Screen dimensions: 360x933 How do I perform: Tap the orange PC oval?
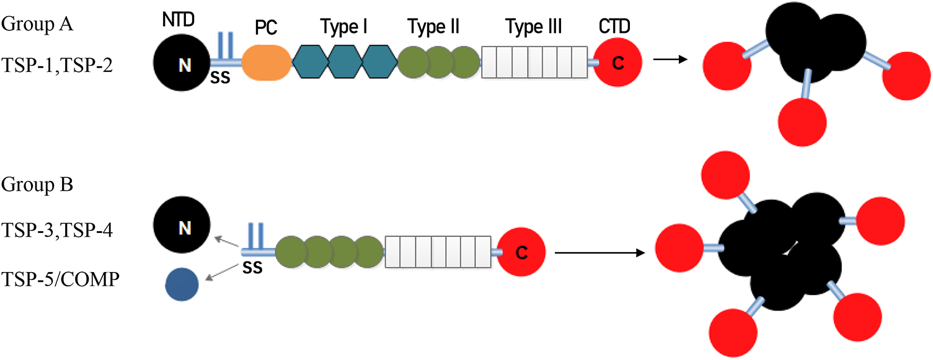[266, 63]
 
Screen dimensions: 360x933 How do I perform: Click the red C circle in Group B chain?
[521, 252]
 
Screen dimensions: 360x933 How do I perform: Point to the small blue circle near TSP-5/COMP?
[182, 286]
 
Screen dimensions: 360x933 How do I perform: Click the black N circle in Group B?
[184, 228]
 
